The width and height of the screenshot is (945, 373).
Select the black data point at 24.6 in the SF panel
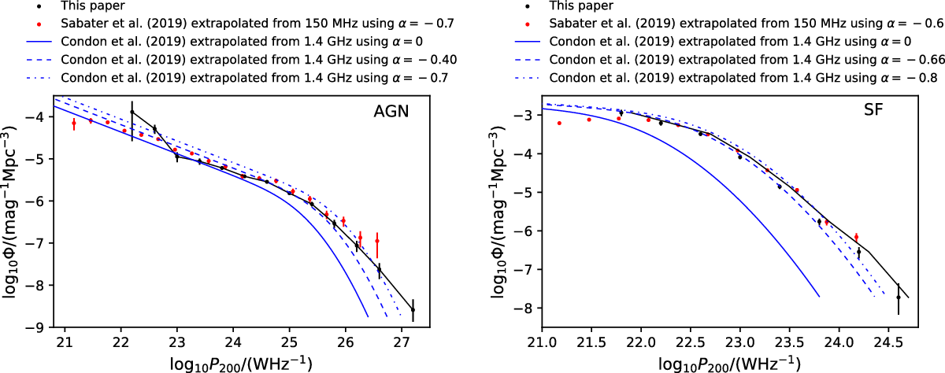pos(899,297)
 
